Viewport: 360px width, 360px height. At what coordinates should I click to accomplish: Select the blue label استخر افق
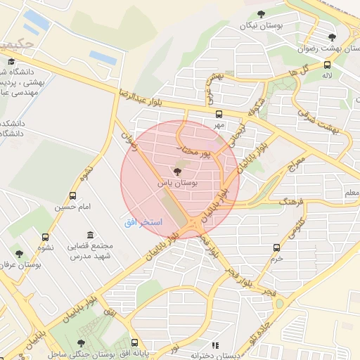coord(143,222)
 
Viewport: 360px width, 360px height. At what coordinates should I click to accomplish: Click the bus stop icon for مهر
coord(219,113)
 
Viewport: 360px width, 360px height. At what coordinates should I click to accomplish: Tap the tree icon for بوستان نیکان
coord(262,13)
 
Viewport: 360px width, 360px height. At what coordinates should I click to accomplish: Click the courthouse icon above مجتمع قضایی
coord(89,235)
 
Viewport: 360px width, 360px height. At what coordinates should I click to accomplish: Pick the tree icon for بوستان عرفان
coord(18,254)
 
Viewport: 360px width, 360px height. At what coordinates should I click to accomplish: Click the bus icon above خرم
coord(277,247)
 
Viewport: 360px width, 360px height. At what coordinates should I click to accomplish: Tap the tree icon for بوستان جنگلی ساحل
coord(82,342)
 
